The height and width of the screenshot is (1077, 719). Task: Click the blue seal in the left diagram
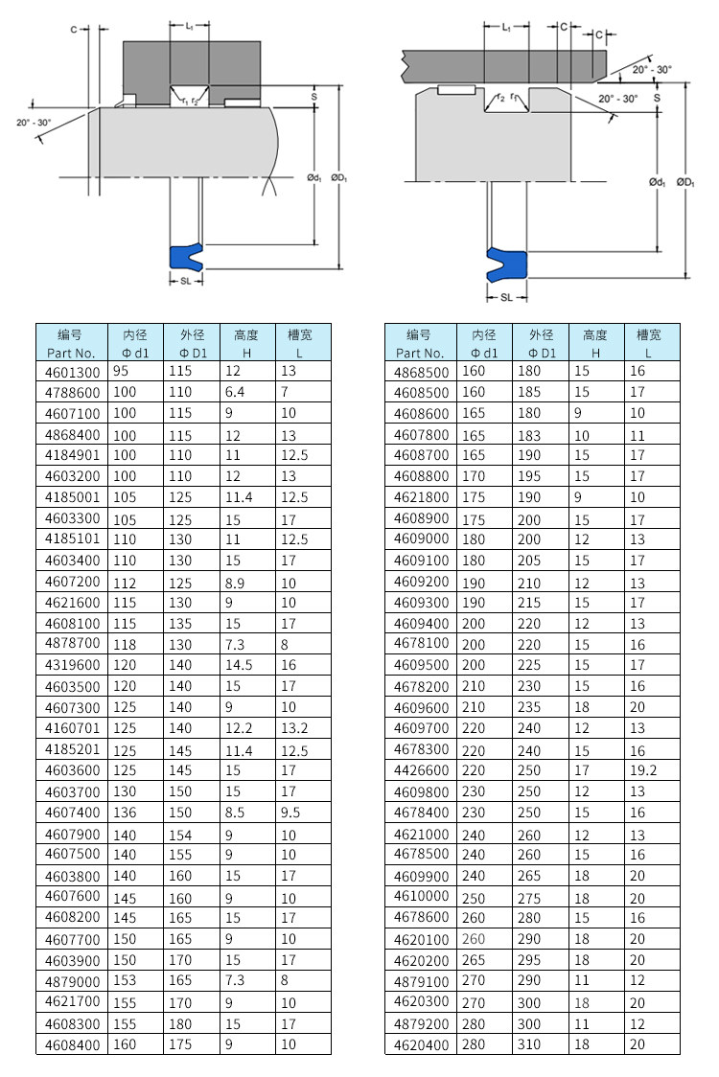click(x=186, y=256)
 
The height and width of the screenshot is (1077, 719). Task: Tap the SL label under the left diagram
click(x=185, y=281)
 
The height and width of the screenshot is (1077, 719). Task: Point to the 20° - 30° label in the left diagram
click(x=35, y=122)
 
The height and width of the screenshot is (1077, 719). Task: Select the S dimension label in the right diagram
click(x=657, y=97)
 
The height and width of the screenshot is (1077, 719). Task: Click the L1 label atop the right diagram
click(x=505, y=28)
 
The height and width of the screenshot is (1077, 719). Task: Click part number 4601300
click(x=72, y=372)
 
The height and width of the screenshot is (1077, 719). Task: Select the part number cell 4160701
click(x=72, y=729)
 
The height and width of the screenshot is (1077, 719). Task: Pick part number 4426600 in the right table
click(x=421, y=770)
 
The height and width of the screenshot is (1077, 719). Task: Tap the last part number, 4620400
click(x=421, y=1044)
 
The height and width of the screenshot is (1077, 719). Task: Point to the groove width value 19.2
click(x=642, y=770)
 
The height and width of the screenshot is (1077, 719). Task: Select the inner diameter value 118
click(x=126, y=645)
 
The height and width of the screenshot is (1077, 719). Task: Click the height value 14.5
click(x=238, y=666)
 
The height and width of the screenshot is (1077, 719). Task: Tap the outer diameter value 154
click(x=180, y=835)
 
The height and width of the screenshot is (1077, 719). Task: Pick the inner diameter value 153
click(x=126, y=981)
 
